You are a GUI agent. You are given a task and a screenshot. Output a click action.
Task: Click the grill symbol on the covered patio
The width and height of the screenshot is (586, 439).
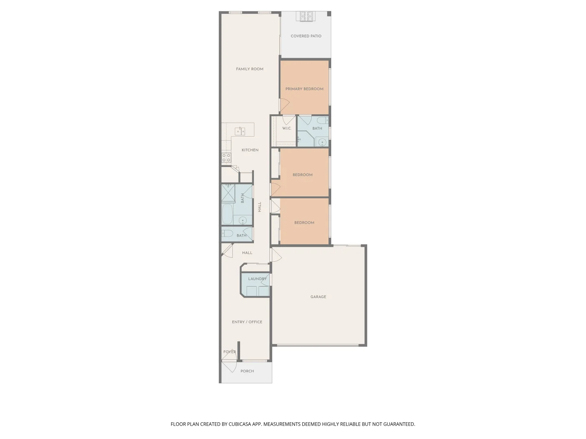click(307, 17)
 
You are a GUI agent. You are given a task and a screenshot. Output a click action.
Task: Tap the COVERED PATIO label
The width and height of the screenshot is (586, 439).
click(306, 36)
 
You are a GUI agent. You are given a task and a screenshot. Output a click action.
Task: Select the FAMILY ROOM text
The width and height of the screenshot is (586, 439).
click(249, 69)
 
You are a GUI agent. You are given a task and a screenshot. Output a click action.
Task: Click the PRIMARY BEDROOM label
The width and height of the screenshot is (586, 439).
click(304, 89)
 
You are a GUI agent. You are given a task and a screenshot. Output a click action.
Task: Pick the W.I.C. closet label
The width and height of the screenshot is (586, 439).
click(287, 128)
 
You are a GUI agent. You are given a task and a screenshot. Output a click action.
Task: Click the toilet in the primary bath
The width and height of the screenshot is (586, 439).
click(322, 120)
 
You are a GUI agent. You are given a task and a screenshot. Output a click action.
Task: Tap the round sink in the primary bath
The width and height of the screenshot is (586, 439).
click(322, 142)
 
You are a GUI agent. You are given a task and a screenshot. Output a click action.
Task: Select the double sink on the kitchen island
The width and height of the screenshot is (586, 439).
click(240, 131)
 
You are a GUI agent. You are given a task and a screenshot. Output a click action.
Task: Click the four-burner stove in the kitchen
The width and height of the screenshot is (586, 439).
click(226, 158)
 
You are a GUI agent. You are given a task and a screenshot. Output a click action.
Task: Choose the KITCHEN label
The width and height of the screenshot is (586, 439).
click(250, 150)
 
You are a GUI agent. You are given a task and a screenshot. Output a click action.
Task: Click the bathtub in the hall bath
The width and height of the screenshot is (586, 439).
click(227, 214)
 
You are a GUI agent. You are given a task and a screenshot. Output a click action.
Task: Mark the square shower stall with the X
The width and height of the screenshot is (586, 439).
click(228, 193)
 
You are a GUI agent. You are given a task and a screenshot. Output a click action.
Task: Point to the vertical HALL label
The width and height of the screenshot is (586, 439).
click(260, 207)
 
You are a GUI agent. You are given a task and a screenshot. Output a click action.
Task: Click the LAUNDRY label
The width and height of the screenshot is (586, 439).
click(257, 279)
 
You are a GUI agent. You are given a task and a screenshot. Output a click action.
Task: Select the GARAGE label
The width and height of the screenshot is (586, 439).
click(318, 297)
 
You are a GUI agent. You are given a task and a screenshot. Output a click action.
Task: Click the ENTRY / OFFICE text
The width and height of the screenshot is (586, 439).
click(247, 322)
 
